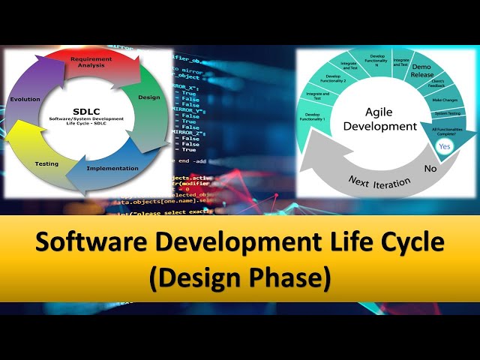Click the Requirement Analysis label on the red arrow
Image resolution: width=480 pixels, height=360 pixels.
tap(91, 61)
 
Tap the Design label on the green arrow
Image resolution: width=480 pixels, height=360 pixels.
tap(150, 97)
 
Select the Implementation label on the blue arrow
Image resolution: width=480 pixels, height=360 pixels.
tap(112, 168)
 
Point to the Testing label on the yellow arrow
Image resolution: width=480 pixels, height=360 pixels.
tap(46, 163)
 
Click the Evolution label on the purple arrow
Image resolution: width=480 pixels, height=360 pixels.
tap(25, 99)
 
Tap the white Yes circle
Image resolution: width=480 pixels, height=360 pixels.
tap(445, 146)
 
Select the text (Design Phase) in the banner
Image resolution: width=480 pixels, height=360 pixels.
tap(239, 277)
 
